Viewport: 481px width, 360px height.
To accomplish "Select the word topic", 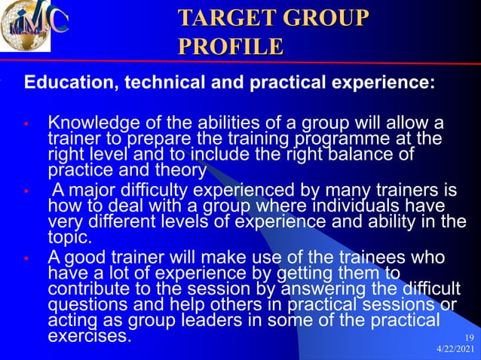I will point(69,237).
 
